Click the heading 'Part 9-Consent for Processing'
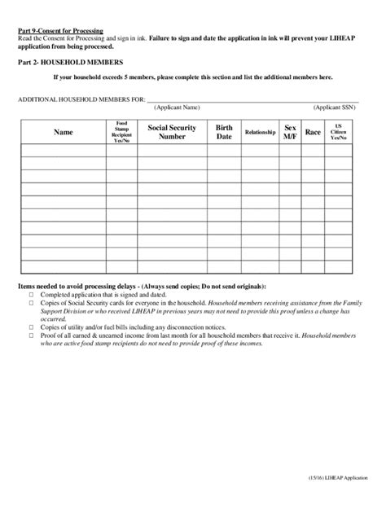coord(60,30)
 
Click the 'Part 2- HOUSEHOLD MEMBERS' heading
coord(70,62)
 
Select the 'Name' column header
coord(63,132)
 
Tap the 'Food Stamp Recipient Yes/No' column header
coord(122,132)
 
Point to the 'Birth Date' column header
coord(223,132)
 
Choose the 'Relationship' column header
coord(260,132)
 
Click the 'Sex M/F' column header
coord(289,132)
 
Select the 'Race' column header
coord(313,132)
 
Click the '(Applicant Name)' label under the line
coord(178,107)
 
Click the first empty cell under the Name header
coord(63,150)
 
